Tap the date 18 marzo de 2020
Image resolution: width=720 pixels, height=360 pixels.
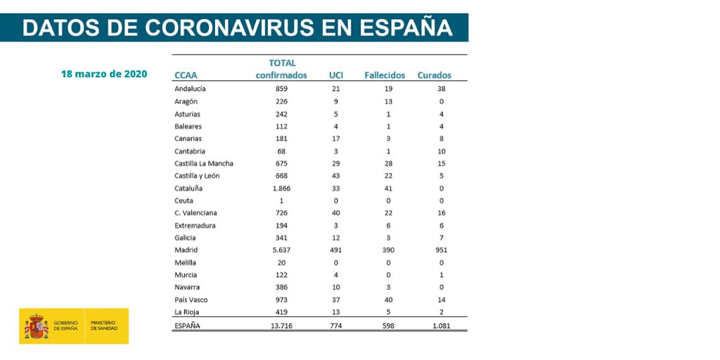[x=104, y=74]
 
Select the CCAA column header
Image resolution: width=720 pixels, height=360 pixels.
[x=186, y=75]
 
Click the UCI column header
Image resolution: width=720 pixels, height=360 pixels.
[x=336, y=75]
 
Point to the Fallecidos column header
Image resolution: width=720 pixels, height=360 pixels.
[x=385, y=75]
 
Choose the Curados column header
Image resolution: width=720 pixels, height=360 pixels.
[x=435, y=75]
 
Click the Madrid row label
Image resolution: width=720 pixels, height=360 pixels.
[x=186, y=250]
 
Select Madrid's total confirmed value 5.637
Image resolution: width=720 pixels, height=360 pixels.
[x=281, y=250]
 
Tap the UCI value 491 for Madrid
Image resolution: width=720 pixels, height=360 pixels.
[x=336, y=250]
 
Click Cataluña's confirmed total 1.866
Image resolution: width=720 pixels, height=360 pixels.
[x=281, y=188]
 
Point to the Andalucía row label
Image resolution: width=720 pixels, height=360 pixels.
[x=190, y=89]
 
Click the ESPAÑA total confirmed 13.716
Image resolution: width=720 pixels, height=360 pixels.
[x=281, y=326]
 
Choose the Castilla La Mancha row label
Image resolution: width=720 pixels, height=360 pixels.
[x=204, y=164]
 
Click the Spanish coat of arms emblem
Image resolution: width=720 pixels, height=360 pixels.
[x=37, y=326]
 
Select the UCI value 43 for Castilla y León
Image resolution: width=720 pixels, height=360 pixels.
[x=336, y=176]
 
